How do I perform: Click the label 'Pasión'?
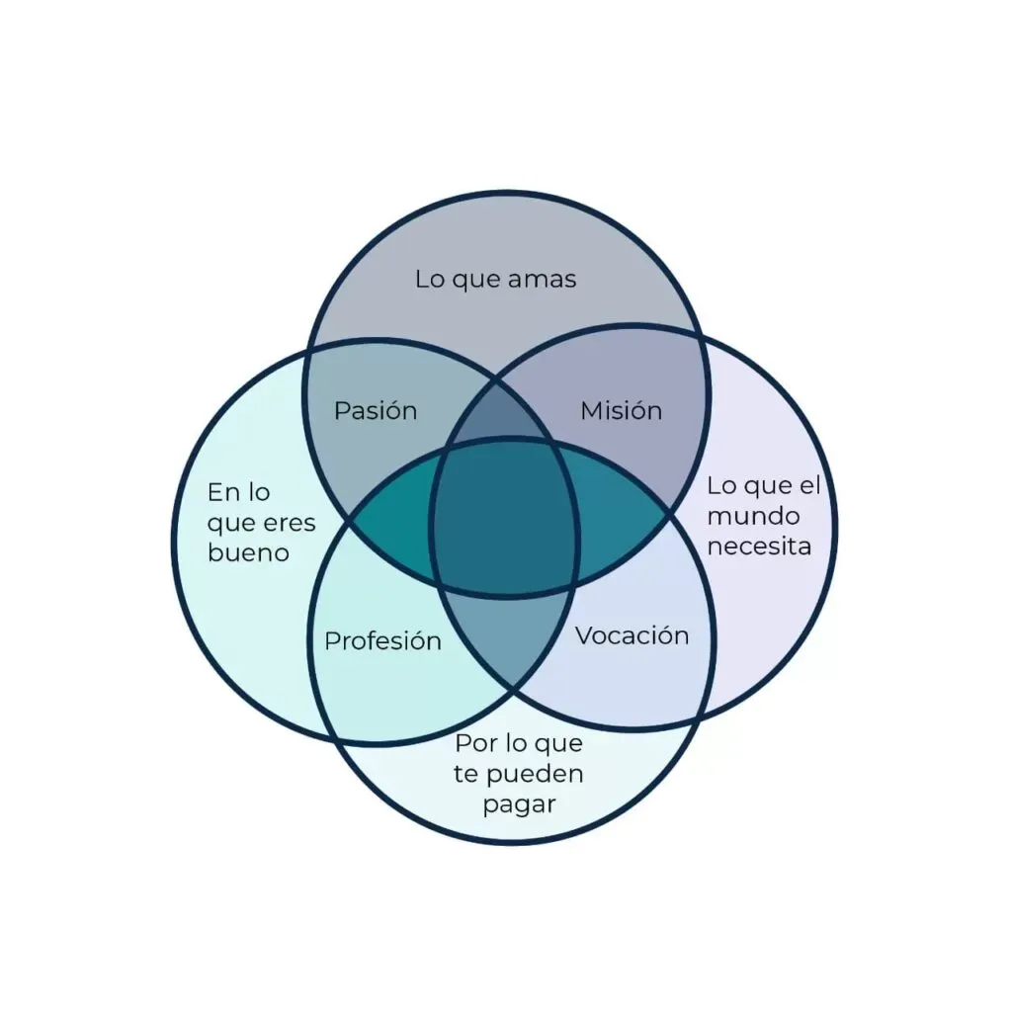pos(376,410)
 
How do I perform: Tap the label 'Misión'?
pos(621,410)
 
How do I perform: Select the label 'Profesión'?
pos(382,641)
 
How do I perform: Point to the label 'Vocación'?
pos(632,635)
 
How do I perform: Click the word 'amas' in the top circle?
pos(542,279)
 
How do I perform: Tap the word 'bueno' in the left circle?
pos(248,552)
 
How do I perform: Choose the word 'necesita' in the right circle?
pos(759,546)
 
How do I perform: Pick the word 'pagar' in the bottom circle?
pos(519,803)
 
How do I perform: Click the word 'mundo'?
pos(753,516)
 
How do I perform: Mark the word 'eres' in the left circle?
pos(291,523)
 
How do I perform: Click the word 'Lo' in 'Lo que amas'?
pos(430,279)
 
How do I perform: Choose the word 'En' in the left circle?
pos(222,492)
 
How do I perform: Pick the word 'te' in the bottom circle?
pos(465,773)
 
